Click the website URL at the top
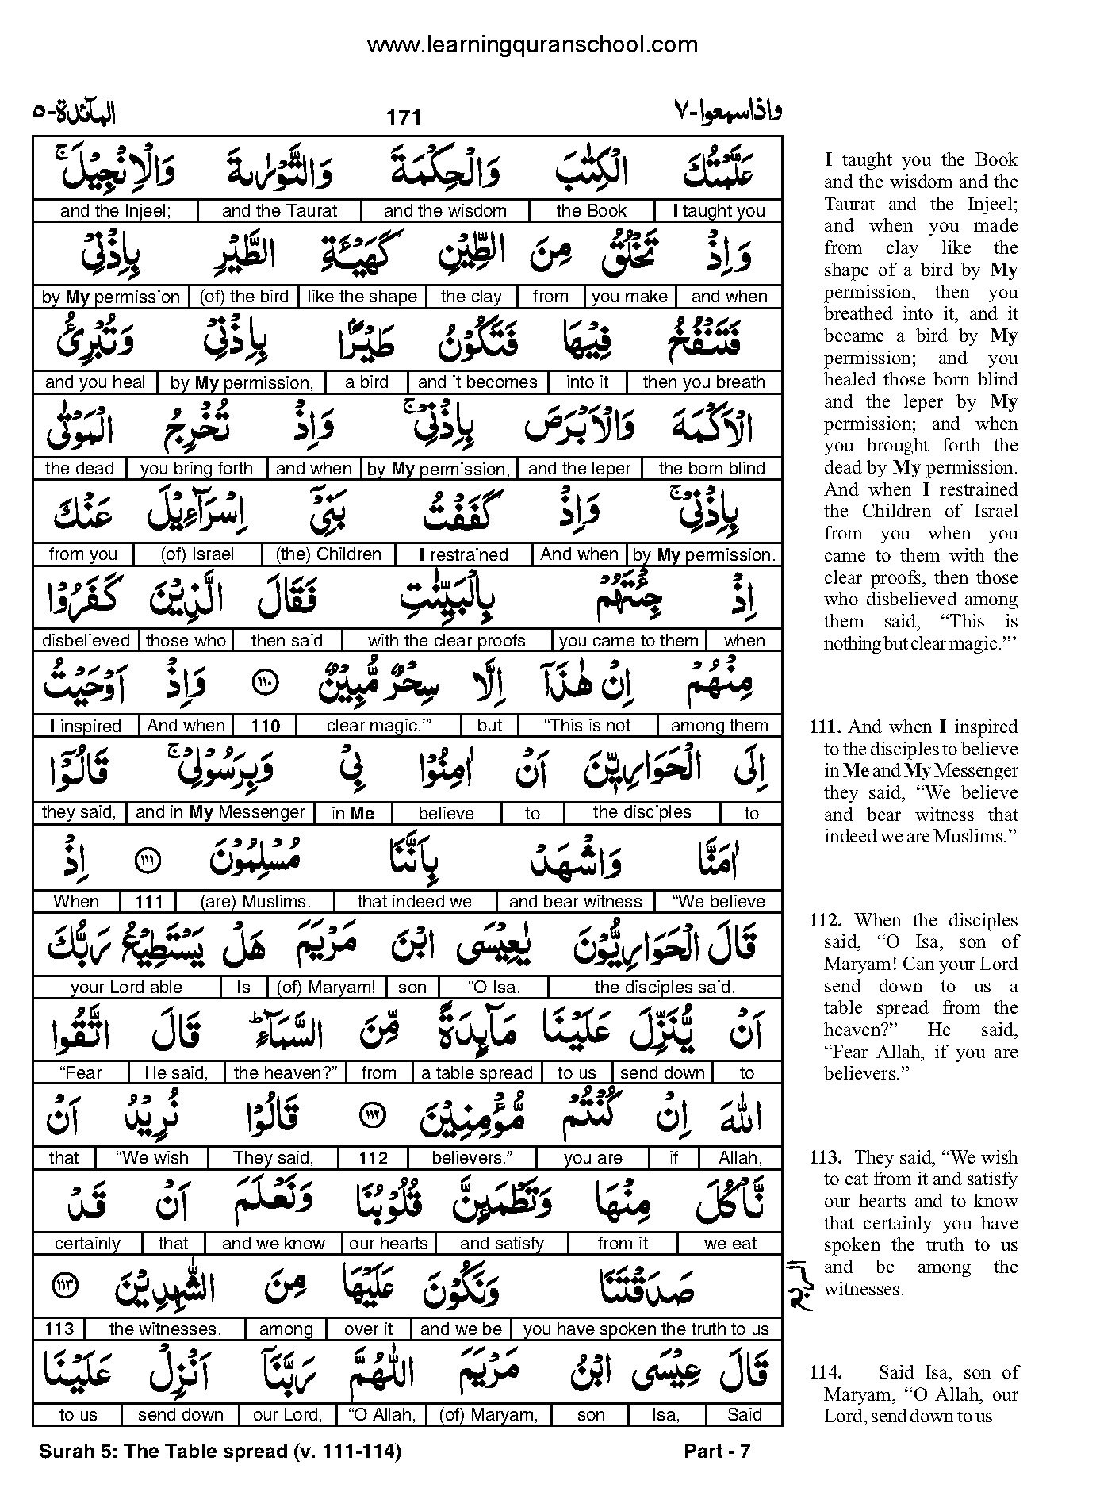532,45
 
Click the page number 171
403,118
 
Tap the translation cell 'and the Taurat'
279,211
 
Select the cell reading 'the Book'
591,211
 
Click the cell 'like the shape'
362,297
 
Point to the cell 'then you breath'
703,382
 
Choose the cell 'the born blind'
711,469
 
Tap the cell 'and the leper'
579,469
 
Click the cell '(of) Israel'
197,554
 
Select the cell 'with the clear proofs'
447,641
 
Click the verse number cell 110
266,727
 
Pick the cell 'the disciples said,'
665,988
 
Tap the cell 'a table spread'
477,1073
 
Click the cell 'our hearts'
389,1244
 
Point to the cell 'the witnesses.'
165,1329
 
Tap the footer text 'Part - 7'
716,1452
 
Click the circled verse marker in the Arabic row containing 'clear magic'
265,684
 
